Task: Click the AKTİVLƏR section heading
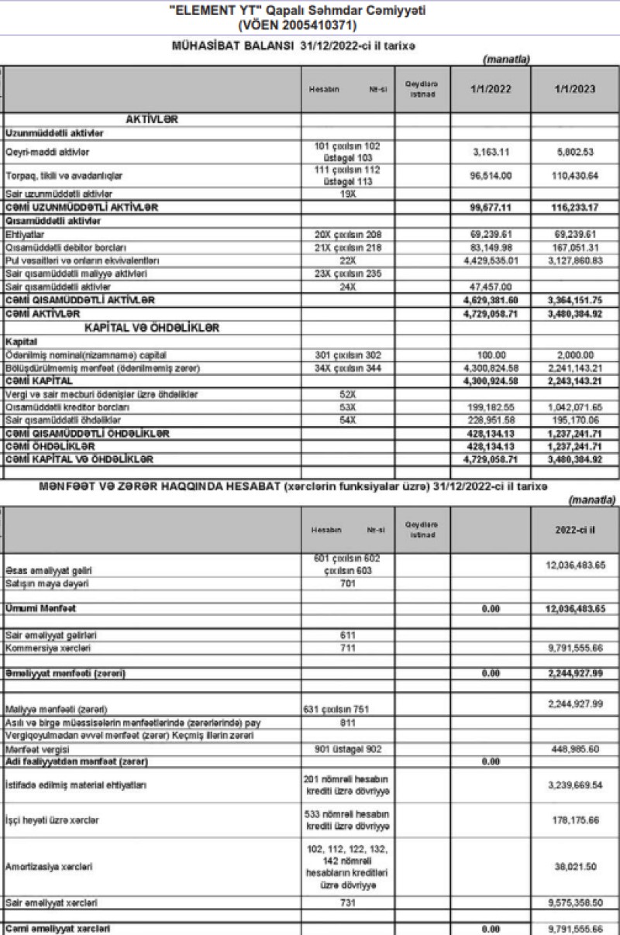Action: [152, 119]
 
